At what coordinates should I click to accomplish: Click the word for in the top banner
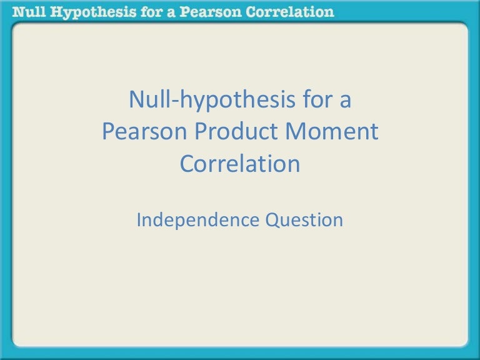(140, 11)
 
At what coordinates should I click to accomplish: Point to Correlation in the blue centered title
(240, 164)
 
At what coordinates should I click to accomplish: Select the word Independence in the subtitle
(197, 220)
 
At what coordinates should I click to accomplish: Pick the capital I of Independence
(139, 220)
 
